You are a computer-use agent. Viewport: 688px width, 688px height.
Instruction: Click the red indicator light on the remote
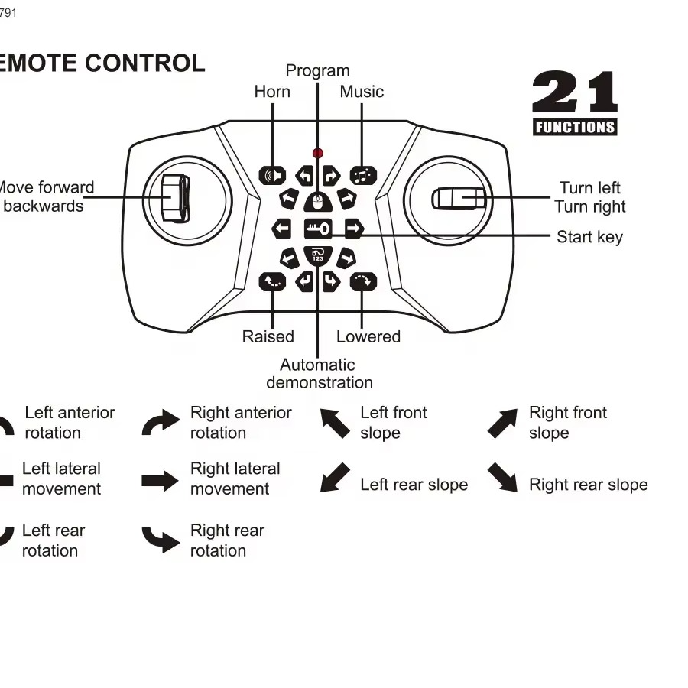317,154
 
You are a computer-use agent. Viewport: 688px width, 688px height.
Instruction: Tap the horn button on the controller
271,176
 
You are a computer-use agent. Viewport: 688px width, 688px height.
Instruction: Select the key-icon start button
317,229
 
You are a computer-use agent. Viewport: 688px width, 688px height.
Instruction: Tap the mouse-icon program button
317,202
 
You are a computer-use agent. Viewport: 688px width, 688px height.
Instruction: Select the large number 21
574,93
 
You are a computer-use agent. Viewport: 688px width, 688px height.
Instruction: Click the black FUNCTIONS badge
575,127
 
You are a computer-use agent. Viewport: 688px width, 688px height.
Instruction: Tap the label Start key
589,237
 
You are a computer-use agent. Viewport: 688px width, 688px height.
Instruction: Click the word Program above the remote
317,71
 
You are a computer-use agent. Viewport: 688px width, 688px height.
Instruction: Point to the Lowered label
368,336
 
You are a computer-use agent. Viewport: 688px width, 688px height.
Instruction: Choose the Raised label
268,336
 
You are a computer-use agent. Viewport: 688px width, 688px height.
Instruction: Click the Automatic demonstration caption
319,374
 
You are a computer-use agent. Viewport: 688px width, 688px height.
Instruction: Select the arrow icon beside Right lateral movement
159,481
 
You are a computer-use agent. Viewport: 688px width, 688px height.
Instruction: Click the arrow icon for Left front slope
334,423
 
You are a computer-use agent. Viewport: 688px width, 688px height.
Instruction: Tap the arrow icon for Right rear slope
503,477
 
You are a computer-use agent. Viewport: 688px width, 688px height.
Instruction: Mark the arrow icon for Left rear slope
334,478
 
